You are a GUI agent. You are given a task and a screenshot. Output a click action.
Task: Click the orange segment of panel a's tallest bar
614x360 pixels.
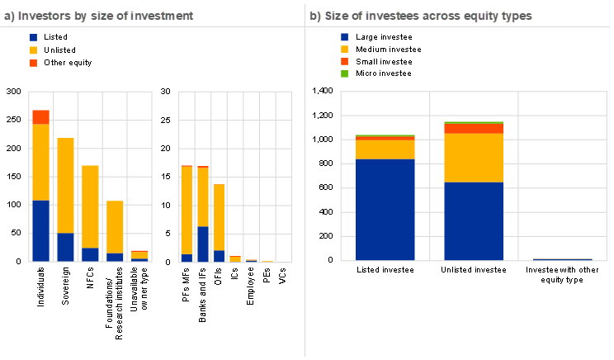click(x=40, y=116)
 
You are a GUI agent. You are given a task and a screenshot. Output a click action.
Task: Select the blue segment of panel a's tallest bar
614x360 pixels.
click(x=40, y=230)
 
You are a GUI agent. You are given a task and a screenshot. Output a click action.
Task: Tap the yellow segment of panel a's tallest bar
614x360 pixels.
click(x=40, y=162)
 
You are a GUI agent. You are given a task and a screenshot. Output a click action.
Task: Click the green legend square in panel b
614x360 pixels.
click(x=344, y=74)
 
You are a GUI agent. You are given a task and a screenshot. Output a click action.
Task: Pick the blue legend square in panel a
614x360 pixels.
click(x=33, y=38)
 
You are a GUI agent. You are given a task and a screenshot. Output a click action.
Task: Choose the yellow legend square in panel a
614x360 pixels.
click(x=33, y=50)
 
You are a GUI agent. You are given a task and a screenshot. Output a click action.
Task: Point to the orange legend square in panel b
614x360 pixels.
click(x=344, y=62)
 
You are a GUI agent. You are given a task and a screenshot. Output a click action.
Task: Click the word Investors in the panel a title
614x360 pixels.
click(x=39, y=16)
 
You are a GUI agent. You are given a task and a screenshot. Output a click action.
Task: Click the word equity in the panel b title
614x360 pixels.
click(x=474, y=16)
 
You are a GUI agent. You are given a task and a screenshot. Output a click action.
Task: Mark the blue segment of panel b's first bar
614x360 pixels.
click(x=385, y=210)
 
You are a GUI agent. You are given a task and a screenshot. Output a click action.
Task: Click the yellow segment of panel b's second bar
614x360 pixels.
click(x=474, y=157)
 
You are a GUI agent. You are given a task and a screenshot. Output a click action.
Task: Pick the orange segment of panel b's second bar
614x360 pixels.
click(x=474, y=128)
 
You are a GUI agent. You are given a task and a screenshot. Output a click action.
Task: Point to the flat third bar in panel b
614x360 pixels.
click(x=563, y=259)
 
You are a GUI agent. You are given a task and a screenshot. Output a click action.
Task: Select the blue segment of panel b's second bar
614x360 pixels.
click(x=474, y=221)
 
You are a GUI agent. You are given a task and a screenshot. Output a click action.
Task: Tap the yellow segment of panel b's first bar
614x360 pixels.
click(x=385, y=149)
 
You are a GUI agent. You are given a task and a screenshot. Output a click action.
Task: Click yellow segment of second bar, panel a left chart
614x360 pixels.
click(x=65, y=185)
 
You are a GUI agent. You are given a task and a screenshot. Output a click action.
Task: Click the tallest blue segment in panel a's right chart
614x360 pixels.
click(x=203, y=244)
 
